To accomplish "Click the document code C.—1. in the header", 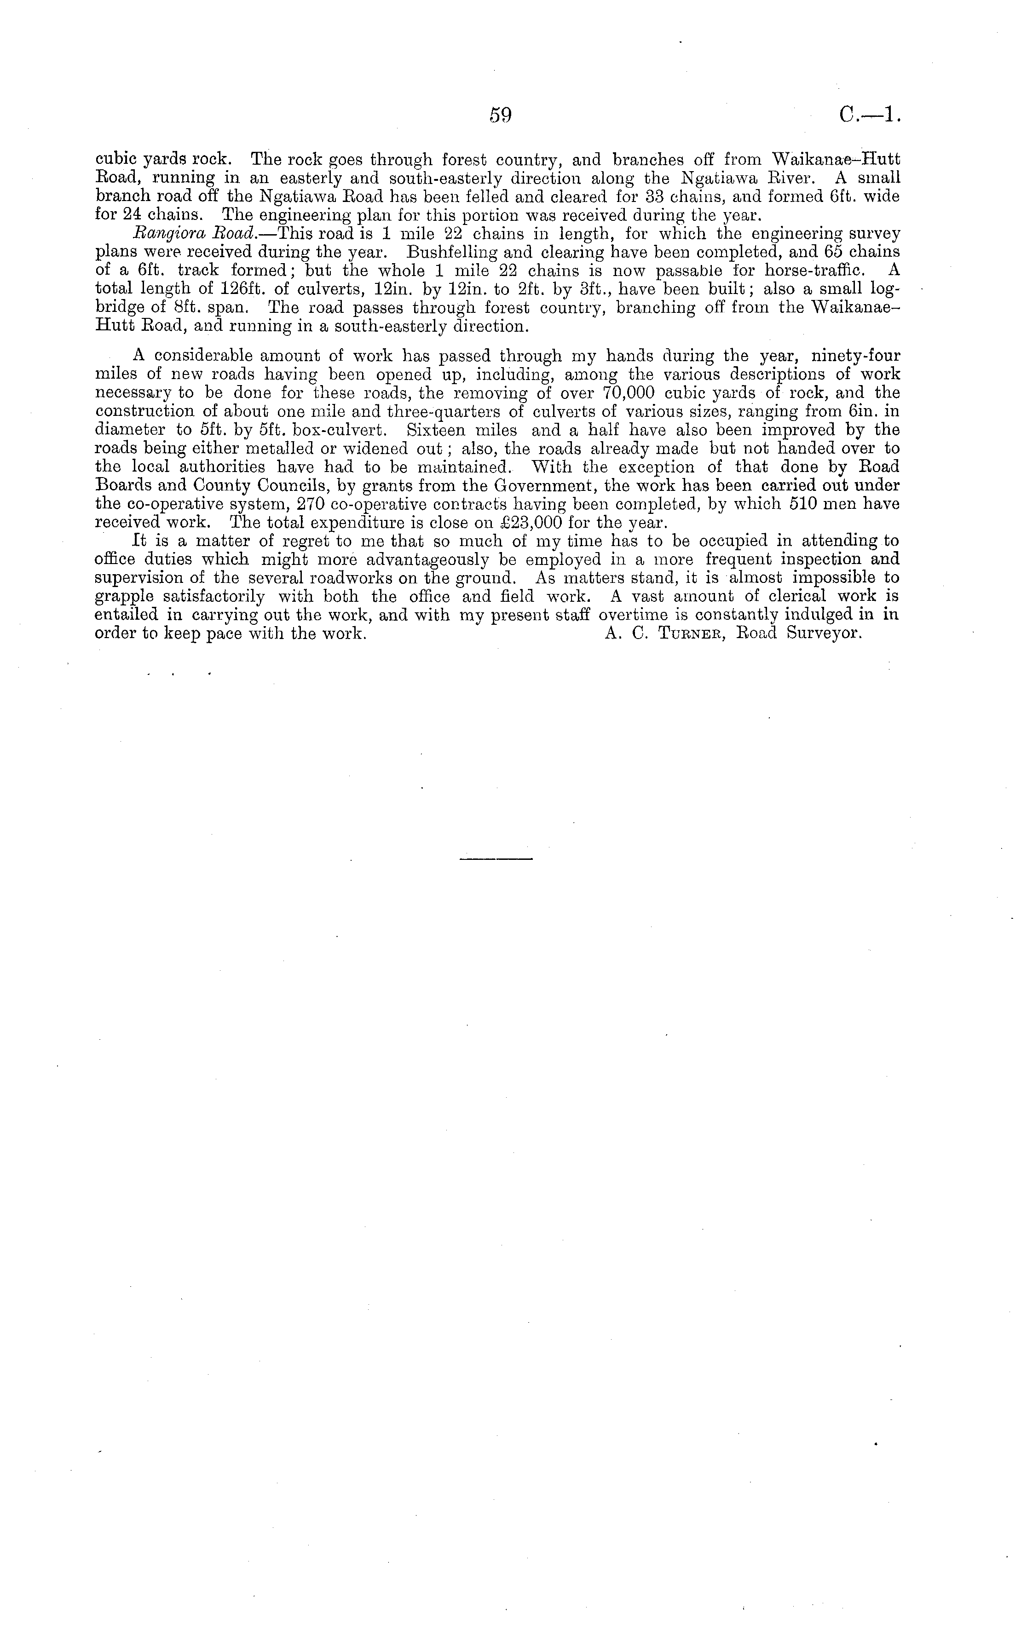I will (870, 116).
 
